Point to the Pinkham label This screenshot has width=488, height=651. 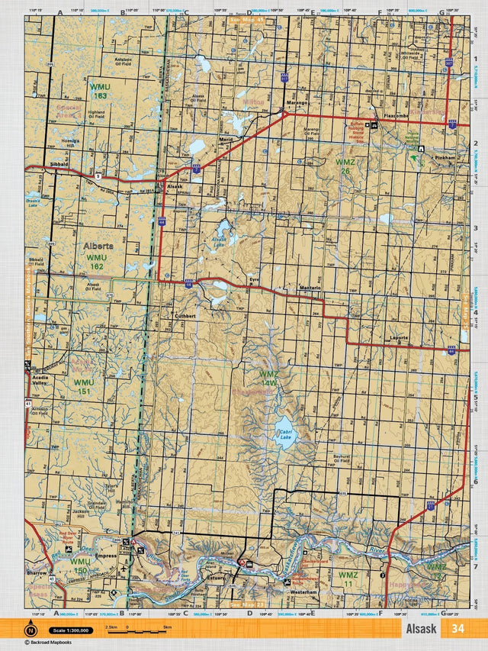click(x=445, y=158)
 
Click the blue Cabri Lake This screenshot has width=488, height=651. click(x=284, y=431)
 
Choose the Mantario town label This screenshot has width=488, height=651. click(x=309, y=287)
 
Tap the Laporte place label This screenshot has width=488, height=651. click(x=400, y=337)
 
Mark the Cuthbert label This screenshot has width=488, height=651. click(x=186, y=315)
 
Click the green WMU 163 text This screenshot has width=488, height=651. click(x=99, y=91)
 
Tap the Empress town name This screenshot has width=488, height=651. click(x=105, y=556)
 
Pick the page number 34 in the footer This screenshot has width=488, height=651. click(x=457, y=628)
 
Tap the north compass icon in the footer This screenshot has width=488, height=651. click(x=31, y=630)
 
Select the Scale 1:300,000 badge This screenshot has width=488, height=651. click(x=72, y=630)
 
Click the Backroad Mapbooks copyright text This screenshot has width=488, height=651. click(x=57, y=643)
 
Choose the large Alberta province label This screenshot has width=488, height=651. click(x=98, y=247)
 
